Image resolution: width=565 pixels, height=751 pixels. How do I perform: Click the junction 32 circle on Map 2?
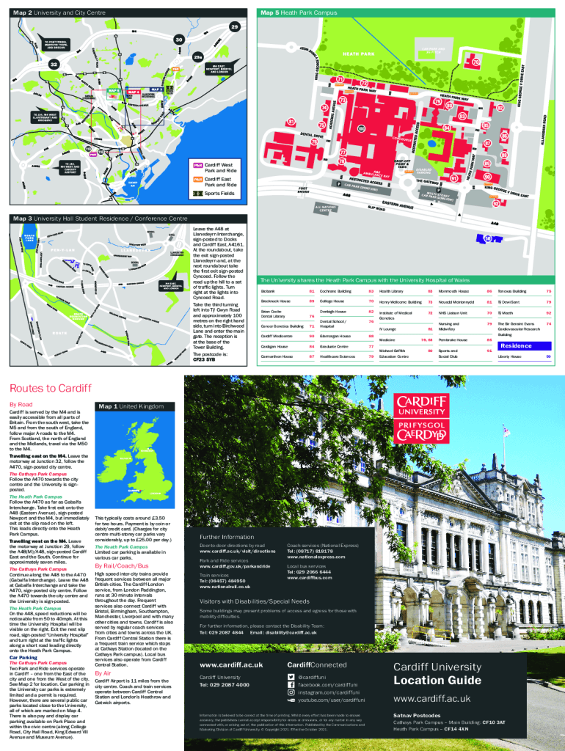pos(54,65)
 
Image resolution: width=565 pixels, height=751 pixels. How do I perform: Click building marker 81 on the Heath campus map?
pos(291,122)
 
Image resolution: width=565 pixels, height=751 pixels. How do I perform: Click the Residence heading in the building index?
pos(516,345)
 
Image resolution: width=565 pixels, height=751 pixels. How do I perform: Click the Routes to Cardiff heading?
pos(49,388)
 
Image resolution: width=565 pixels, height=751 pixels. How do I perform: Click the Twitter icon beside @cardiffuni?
pos(292,676)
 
